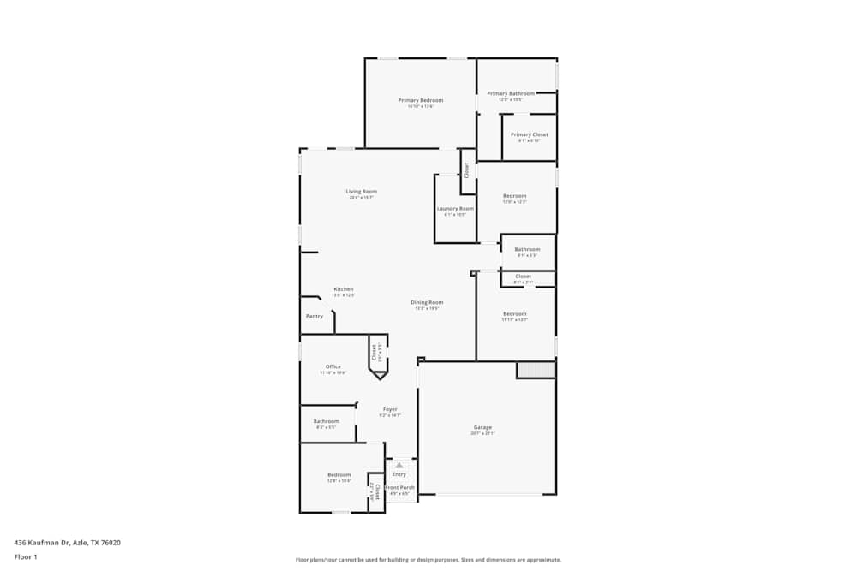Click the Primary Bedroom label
point(421,100)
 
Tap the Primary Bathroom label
point(511,93)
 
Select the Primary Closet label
point(530,134)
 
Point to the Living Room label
point(362,191)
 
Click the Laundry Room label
point(455,208)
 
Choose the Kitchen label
point(344,289)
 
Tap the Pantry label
point(315,316)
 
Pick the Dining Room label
point(427,302)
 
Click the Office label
point(333,366)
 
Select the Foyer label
point(389,409)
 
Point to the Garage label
point(483,427)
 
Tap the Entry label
point(399,474)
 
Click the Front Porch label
point(399,487)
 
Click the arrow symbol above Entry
point(399,465)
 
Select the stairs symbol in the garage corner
point(536,370)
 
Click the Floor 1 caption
point(26,556)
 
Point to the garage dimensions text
point(483,433)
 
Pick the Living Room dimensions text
point(362,198)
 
